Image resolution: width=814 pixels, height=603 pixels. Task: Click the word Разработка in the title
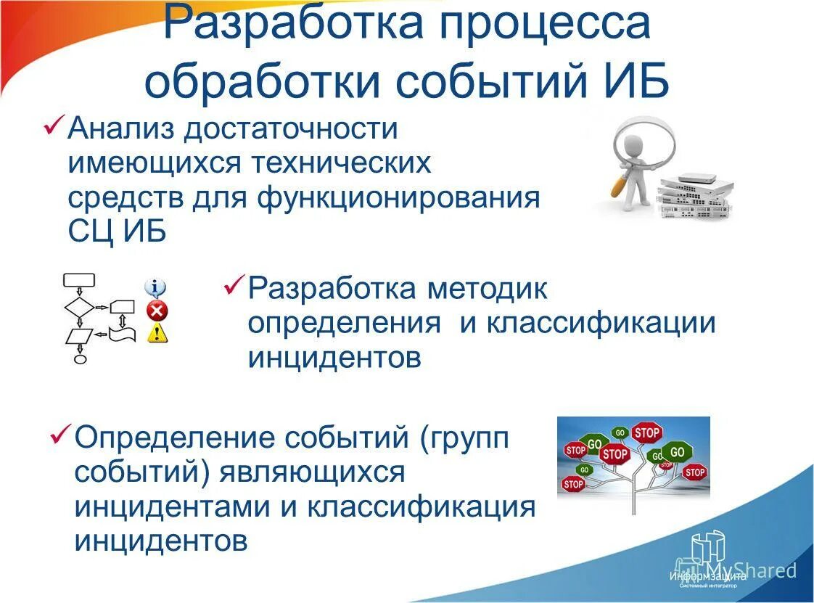(x=294, y=25)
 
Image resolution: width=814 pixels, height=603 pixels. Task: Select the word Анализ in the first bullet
(x=120, y=130)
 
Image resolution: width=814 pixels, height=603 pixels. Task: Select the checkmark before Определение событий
(x=59, y=435)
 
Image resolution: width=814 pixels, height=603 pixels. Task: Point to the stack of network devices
(x=694, y=196)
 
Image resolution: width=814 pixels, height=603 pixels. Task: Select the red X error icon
(x=157, y=311)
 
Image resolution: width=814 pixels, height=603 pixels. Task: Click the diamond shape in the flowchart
(x=79, y=308)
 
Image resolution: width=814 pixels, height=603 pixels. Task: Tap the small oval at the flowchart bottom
(x=80, y=358)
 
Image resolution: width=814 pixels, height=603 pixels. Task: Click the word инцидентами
(x=172, y=506)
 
